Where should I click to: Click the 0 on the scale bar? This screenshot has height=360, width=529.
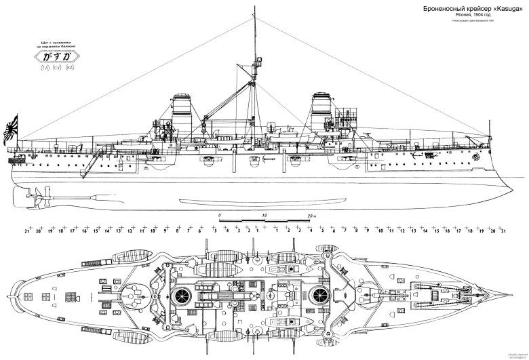(220, 215)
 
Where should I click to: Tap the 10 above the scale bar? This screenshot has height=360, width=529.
(264, 215)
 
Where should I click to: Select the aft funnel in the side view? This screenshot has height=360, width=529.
(182, 115)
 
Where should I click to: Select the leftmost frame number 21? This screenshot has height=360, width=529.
(26, 232)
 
